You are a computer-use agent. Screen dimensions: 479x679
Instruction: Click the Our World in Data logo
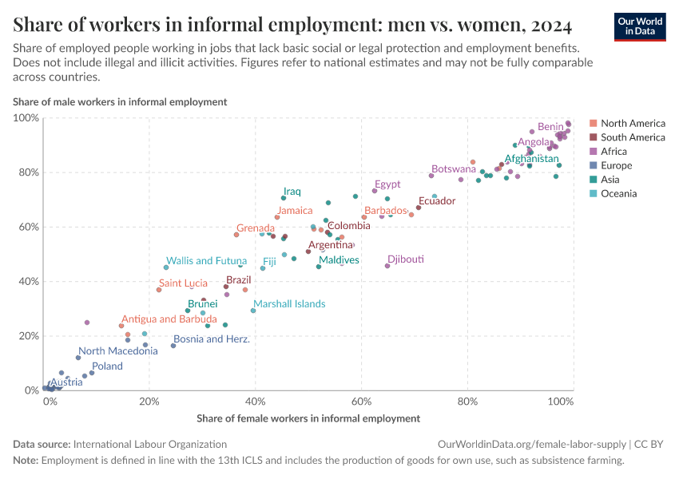click(639, 26)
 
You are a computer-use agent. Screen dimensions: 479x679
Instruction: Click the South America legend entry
click(632, 137)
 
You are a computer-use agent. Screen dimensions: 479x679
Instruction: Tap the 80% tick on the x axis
click(467, 401)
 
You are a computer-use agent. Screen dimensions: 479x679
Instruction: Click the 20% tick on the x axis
click(149, 401)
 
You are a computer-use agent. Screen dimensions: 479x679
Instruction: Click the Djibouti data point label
click(405, 259)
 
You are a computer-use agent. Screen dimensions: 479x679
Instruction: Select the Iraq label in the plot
click(292, 192)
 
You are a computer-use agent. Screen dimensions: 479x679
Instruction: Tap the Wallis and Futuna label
click(206, 260)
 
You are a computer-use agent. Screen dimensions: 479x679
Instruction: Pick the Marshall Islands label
click(289, 303)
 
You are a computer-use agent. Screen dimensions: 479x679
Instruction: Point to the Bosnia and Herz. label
click(211, 338)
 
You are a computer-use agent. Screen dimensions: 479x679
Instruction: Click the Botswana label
click(453, 169)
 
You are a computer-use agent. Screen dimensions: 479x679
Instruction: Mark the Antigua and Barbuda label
click(169, 319)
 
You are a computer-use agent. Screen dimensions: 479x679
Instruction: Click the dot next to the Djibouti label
click(387, 266)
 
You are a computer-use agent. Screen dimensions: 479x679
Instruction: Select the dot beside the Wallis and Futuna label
click(166, 267)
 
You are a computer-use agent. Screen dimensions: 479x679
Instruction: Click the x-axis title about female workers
click(308, 418)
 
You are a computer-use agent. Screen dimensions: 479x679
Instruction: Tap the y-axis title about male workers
click(120, 101)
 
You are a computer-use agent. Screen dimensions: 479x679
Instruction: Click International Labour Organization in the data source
click(149, 444)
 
